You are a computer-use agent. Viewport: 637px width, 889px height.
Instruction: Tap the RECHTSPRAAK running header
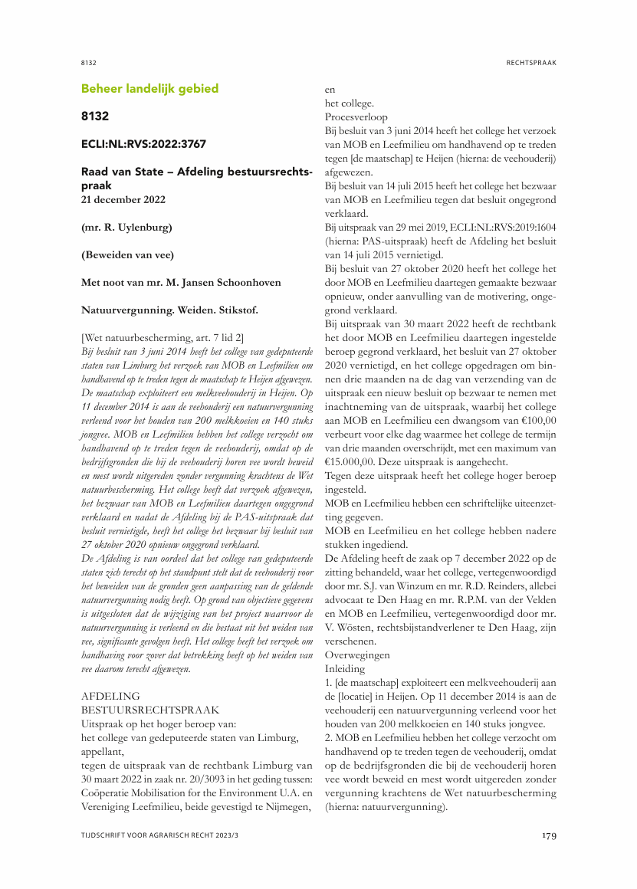pos(531,62)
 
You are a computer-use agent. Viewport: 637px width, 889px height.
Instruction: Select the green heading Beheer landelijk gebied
pos(149,89)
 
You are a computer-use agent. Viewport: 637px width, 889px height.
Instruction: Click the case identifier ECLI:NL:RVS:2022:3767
pos(143,143)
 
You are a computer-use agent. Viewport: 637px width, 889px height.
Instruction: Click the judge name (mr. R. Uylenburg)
pos(126,228)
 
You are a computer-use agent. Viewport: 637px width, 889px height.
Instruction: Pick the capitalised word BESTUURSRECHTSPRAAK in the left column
pos(150,710)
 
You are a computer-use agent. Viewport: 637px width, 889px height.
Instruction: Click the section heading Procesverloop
pos(356,117)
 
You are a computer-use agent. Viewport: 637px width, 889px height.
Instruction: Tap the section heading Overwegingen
pos(357,655)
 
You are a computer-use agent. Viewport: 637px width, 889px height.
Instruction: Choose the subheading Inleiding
pos(345,668)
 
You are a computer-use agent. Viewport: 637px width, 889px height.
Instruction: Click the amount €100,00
pos(535,420)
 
